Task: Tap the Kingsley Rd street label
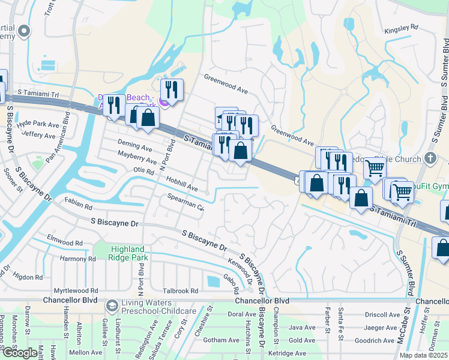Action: coord(402,28)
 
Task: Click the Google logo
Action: coord(19,353)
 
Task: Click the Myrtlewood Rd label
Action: coord(76,290)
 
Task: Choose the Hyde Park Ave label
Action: coord(38,124)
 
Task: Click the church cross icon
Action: coord(429,158)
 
